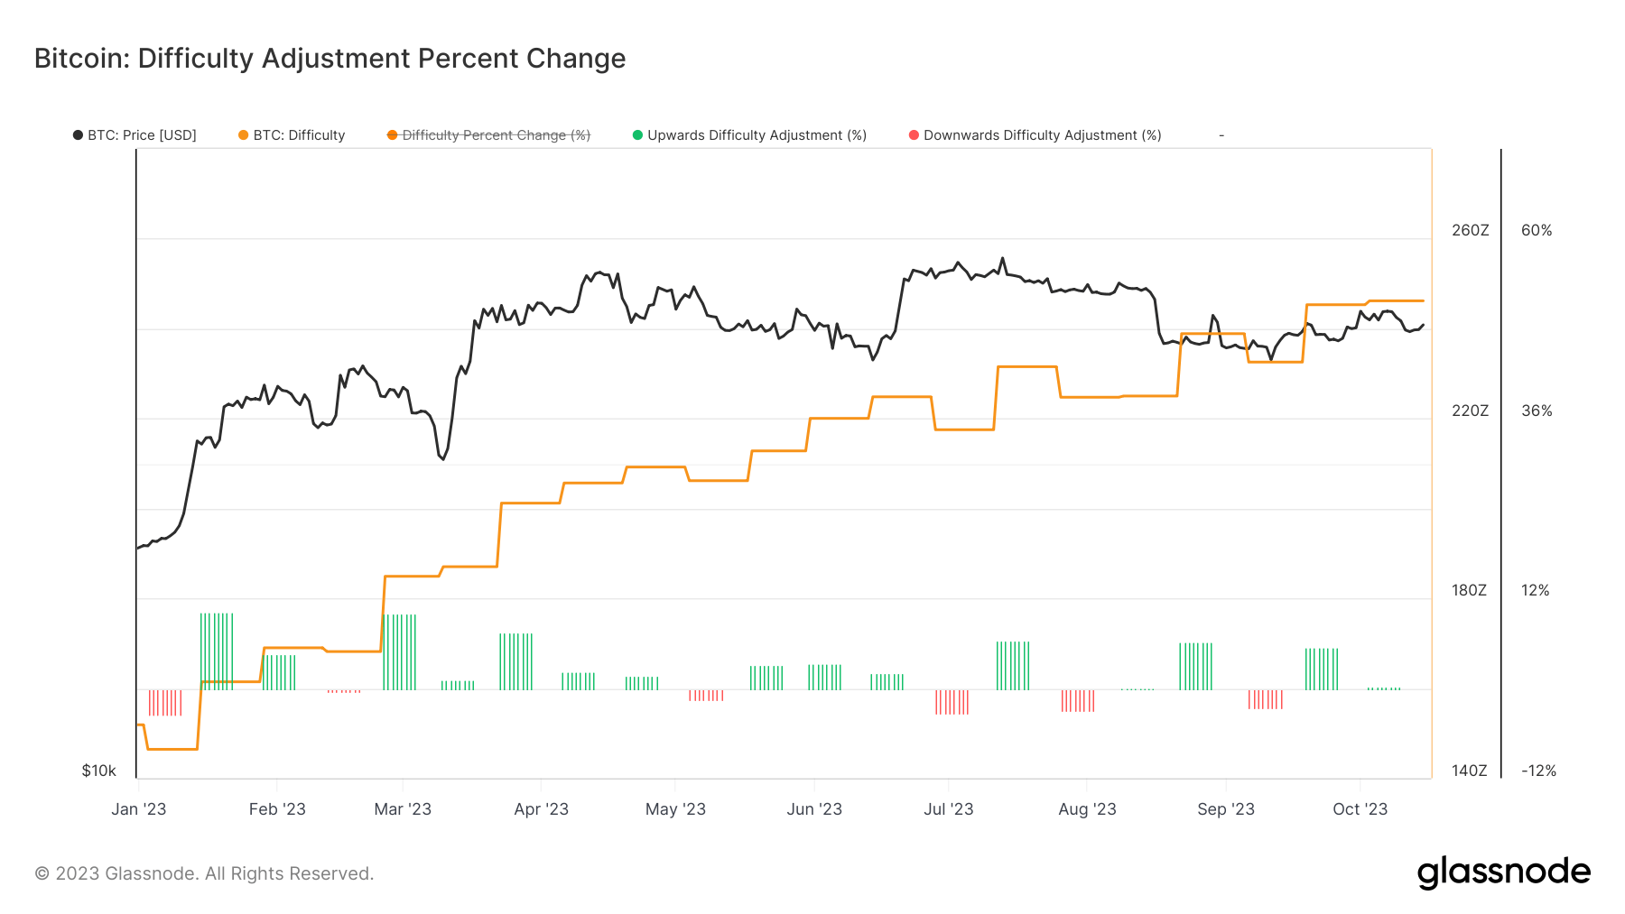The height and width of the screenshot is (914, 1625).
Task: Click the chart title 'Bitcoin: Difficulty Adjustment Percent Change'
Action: tap(330, 59)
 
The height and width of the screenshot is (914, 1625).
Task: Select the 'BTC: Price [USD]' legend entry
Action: tap(135, 135)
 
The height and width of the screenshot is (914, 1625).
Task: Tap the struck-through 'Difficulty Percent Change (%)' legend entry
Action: tap(488, 135)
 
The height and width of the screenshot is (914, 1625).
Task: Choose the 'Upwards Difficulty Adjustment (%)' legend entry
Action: tap(749, 135)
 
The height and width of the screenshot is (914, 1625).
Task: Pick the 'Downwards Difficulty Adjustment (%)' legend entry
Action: tap(1035, 135)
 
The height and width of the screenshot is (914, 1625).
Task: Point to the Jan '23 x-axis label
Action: tap(138, 809)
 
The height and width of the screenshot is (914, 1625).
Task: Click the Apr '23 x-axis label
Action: tap(541, 809)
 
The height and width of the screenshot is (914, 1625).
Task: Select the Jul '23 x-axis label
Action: tap(948, 809)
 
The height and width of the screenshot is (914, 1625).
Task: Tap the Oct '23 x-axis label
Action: tap(1360, 809)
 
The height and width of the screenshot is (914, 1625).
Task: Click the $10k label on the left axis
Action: tap(98, 771)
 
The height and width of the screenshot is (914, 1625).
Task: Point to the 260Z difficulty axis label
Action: tap(1470, 230)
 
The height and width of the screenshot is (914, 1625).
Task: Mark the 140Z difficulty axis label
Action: tap(1469, 771)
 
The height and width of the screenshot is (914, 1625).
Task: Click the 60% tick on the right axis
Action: tap(1536, 230)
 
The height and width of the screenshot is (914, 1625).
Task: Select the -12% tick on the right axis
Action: tap(1538, 771)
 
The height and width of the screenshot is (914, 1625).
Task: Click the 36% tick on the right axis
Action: tap(1536, 411)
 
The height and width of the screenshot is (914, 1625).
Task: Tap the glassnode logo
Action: tap(1503, 872)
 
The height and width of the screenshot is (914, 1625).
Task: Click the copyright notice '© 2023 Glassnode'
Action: tap(204, 873)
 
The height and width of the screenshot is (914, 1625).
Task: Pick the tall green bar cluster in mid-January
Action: tap(216, 651)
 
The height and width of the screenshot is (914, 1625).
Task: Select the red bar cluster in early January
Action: tap(165, 703)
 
